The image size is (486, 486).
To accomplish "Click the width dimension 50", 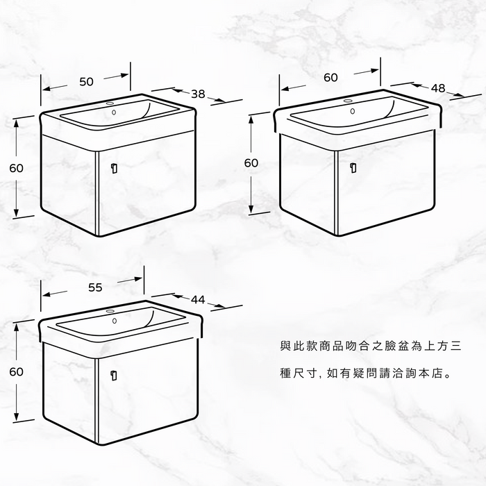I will point(86,82).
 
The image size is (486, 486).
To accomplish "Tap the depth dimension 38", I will point(198,94).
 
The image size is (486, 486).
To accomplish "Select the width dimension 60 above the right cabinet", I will point(330,78).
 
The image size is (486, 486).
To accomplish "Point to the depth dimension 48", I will point(438,88).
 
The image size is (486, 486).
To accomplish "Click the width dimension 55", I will point(96,287).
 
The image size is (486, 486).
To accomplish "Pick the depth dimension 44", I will point(198,299).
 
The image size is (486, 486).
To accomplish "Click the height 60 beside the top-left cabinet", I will point(17,168).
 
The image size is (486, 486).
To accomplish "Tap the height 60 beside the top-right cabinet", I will point(251,163).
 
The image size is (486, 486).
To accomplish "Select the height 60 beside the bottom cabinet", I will point(17,371).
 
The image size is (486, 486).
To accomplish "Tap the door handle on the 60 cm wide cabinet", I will point(353,167).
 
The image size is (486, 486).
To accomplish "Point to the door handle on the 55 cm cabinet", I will point(112,375).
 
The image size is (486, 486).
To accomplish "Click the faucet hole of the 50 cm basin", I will point(110,104).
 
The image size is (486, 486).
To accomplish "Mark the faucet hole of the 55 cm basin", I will point(111,313).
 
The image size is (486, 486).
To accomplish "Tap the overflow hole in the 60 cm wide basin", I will point(353,111).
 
